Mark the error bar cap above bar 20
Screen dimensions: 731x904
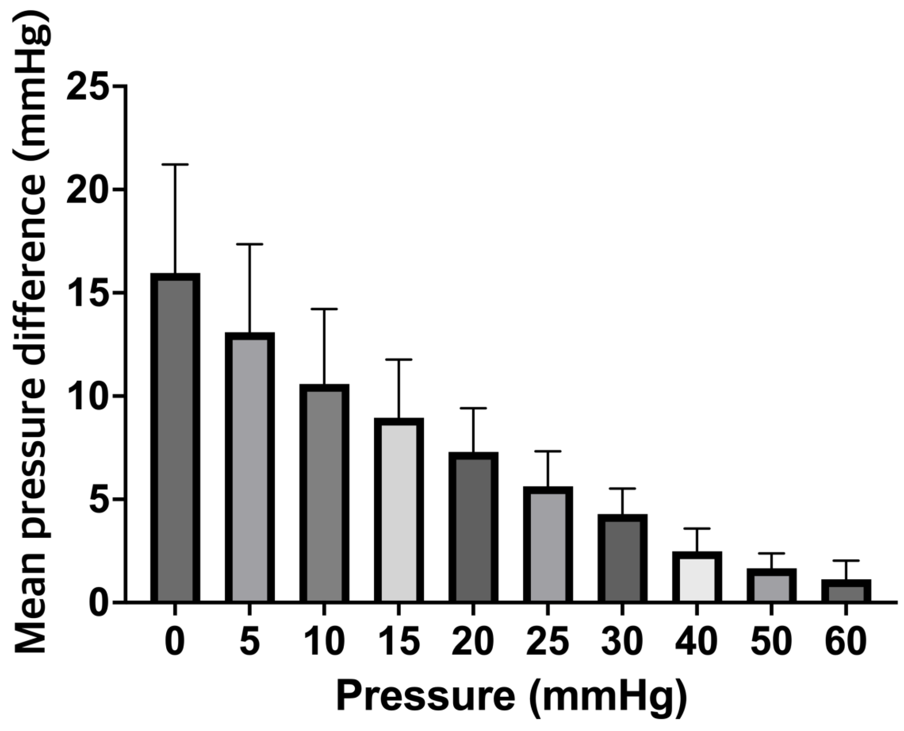point(473,408)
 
